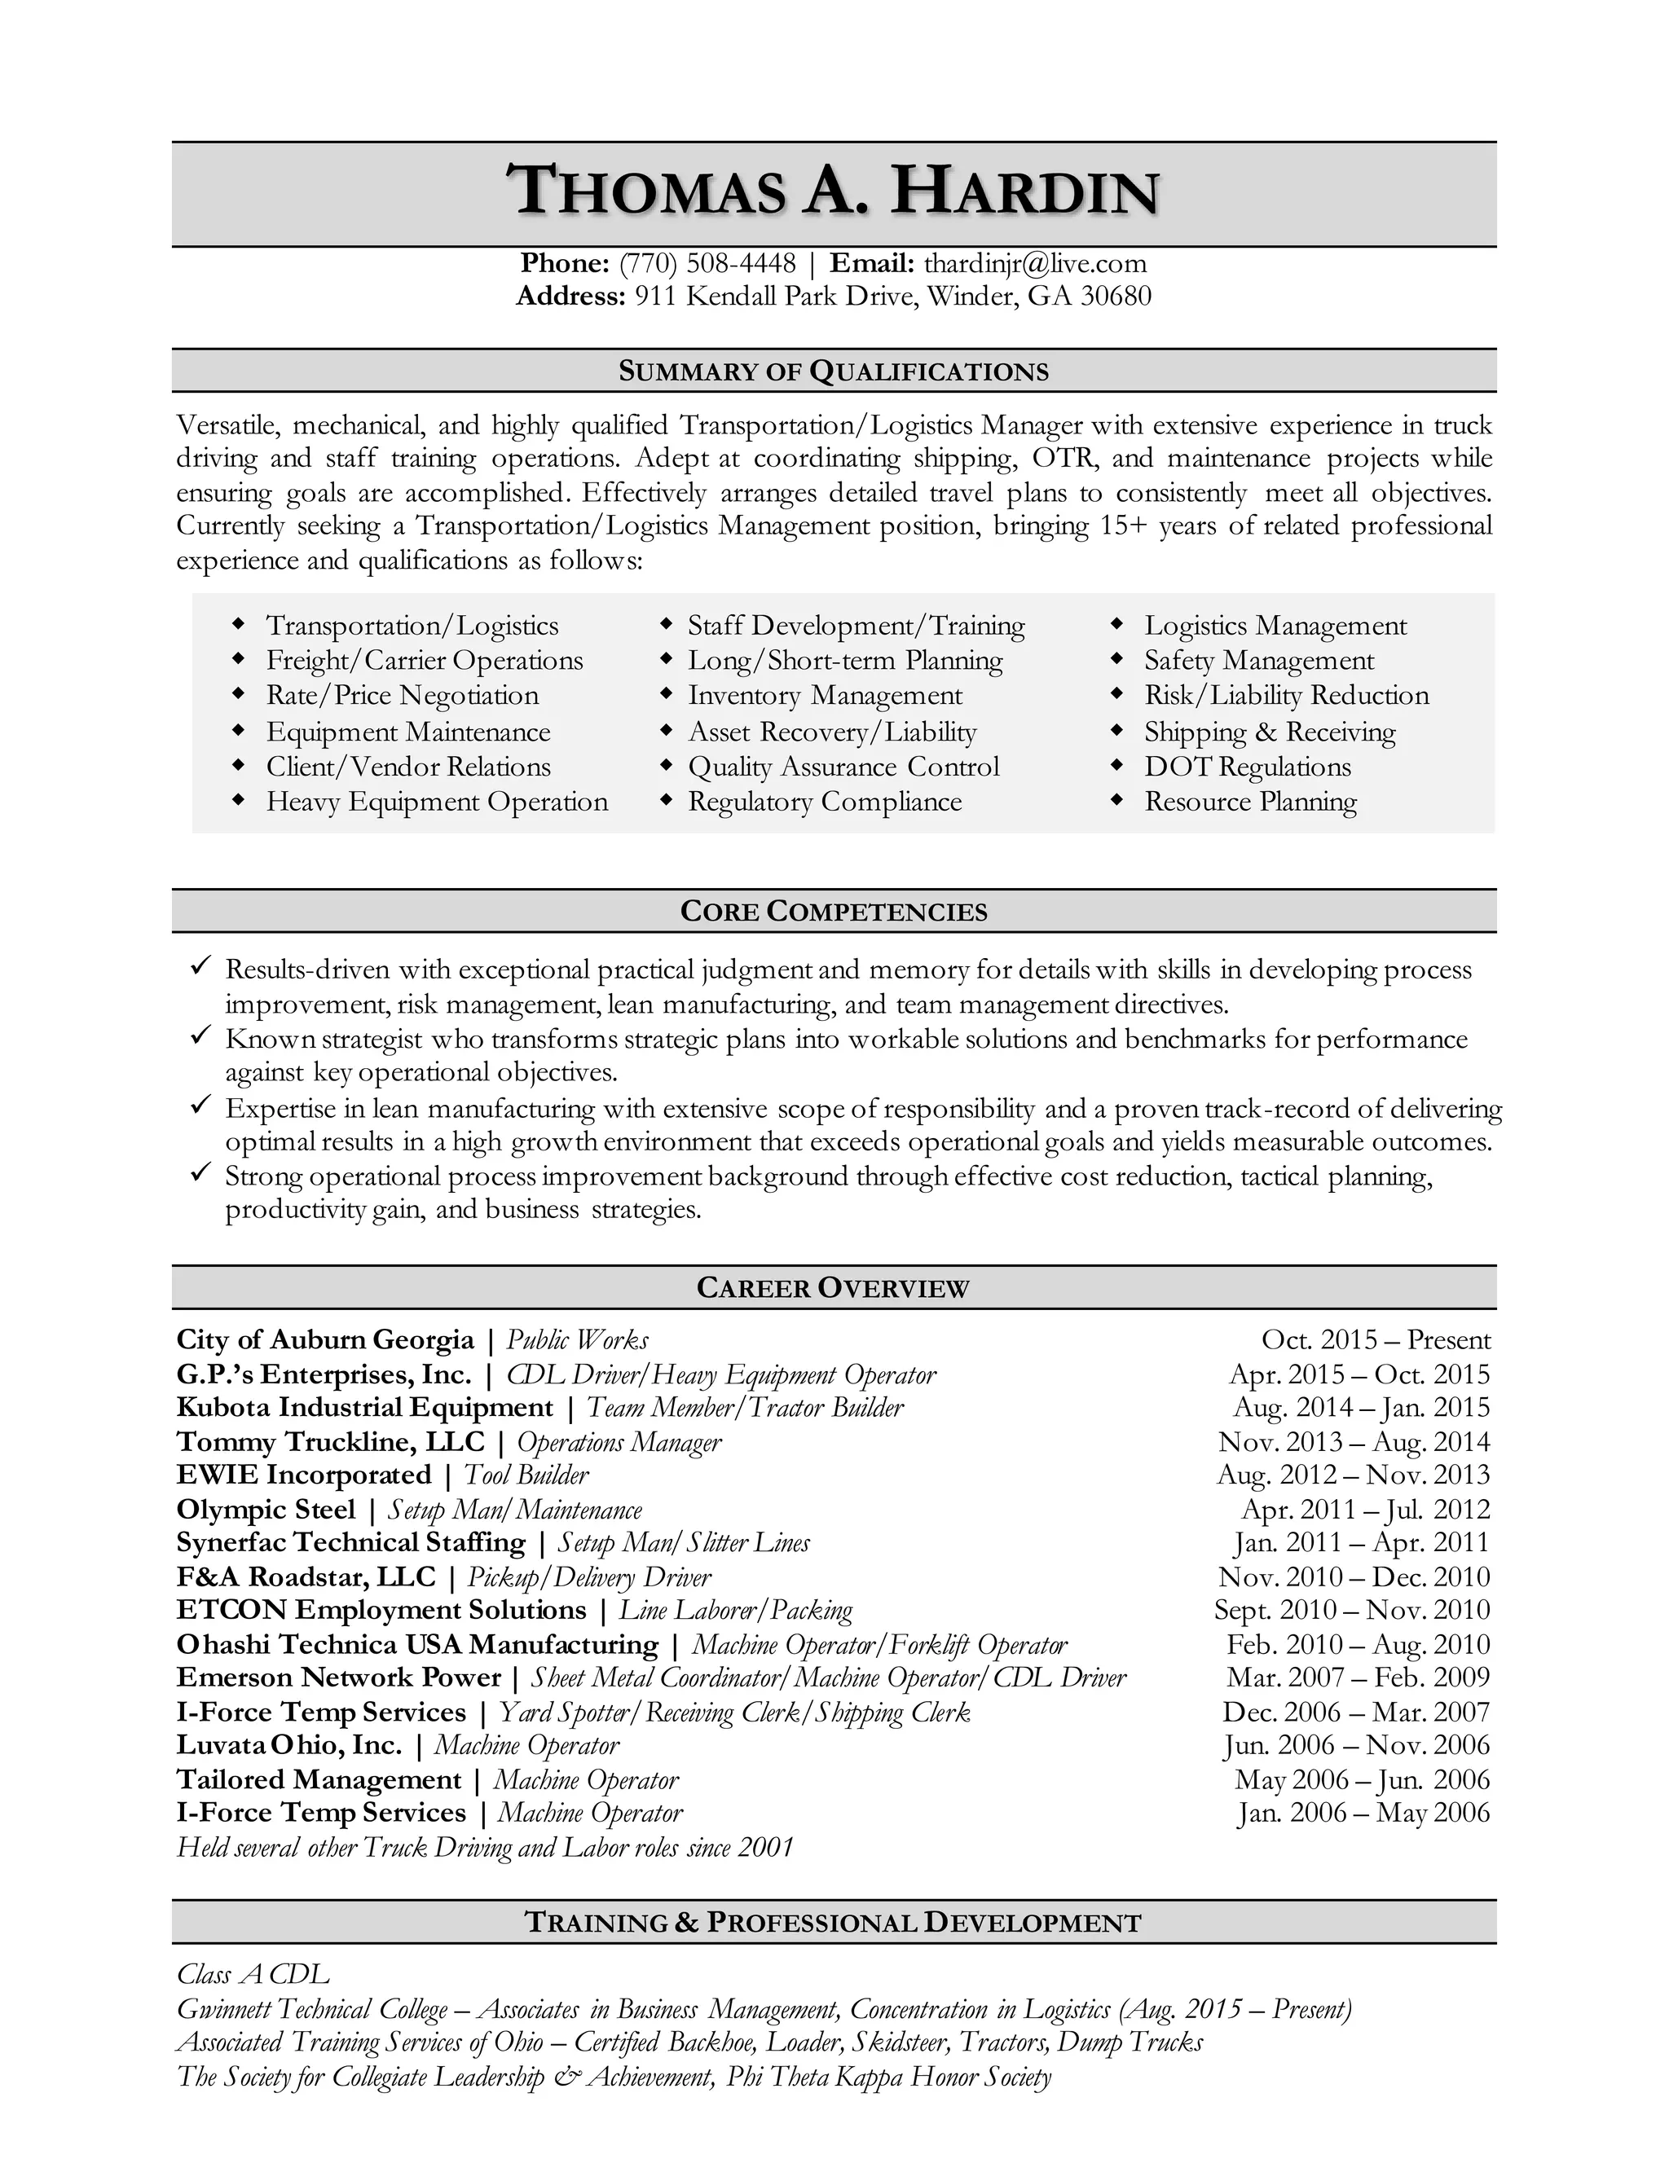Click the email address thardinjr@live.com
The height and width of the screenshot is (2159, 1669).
pos(1034,264)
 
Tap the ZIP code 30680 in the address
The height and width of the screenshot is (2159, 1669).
pos(1116,297)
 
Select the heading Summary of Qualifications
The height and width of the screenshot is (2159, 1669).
pos(834,372)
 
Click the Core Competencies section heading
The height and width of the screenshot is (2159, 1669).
pos(834,912)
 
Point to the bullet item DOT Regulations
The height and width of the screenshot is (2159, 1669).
pos(1247,767)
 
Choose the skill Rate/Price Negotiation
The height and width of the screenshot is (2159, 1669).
pos(403,696)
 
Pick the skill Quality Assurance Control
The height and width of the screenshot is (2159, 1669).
pos(843,767)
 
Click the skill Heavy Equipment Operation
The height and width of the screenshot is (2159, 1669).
pos(437,802)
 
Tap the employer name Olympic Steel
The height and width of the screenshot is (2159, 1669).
pos(265,1510)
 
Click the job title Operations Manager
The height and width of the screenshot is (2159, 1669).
pos(619,1442)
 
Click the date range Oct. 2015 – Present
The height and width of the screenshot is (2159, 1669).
pos(1376,1340)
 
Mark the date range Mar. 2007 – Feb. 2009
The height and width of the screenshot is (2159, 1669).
pos(1358,1678)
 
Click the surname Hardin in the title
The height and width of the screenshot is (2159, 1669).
pos(1024,193)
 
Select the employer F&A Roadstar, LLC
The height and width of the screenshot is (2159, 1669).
pos(306,1576)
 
